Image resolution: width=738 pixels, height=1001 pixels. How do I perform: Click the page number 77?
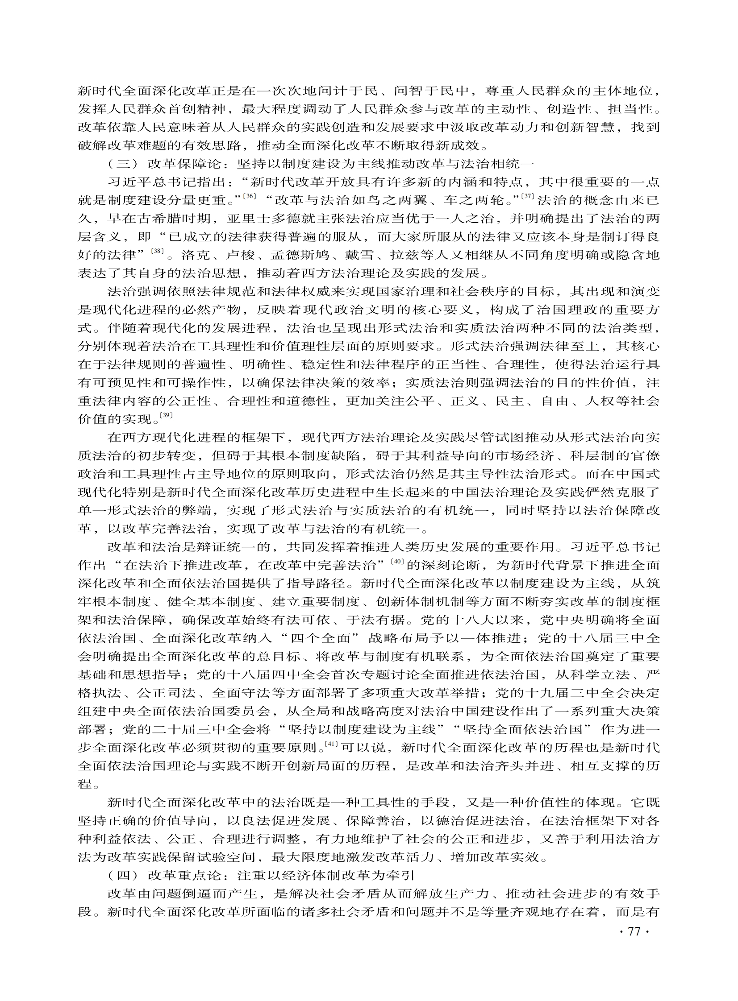click(x=634, y=932)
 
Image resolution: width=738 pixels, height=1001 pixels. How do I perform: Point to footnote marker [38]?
click(x=158, y=251)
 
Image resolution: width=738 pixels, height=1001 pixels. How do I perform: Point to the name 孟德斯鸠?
click(x=300, y=255)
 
